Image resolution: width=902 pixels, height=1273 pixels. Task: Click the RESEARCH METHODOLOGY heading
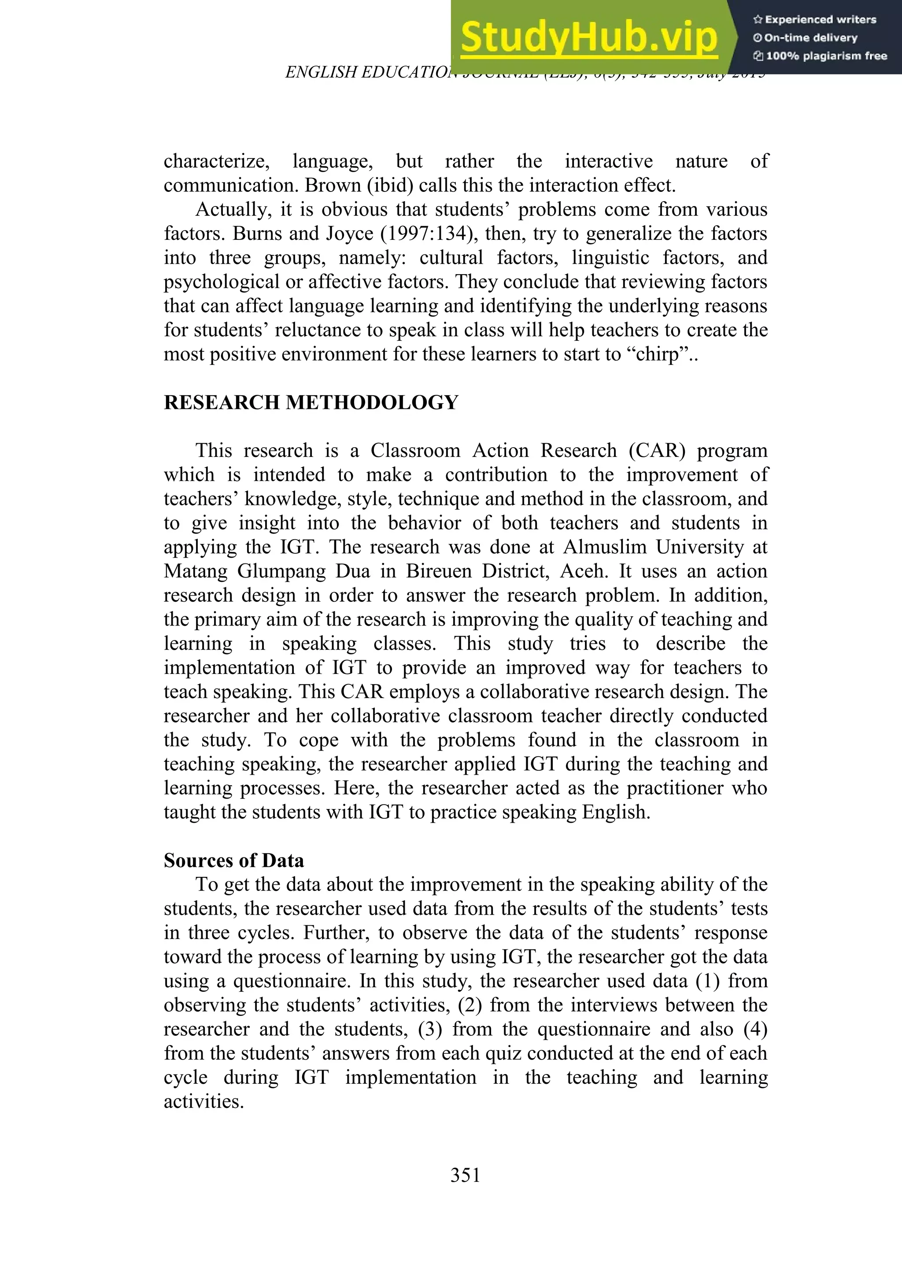[x=311, y=402]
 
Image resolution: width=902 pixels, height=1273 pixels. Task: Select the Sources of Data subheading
[x=234, y=860]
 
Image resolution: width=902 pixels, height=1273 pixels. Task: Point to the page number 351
[x=466, y=1175]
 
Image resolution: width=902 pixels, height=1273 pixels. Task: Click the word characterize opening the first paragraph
[x=216, y=161]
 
